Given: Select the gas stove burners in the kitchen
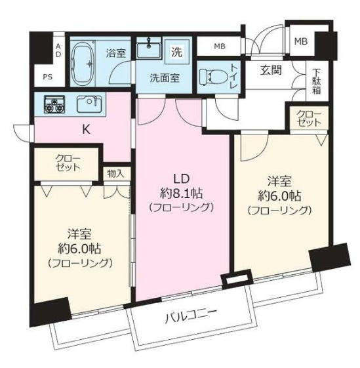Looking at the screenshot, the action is click(54, 104).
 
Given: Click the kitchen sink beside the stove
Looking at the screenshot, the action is click(90, 104).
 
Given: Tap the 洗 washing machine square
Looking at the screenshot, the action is click(177, 52).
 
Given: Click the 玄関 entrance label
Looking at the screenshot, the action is click(271, 70).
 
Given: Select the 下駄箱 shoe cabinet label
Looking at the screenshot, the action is click(316, 81).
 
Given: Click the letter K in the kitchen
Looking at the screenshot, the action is click(86, 129).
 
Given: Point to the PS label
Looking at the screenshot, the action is click(48, 77).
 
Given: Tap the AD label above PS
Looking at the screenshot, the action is click(58, 51).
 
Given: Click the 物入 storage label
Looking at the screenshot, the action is click(115, 174).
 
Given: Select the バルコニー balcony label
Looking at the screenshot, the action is click(191, 317).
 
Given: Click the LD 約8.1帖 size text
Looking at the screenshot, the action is click(181, 194).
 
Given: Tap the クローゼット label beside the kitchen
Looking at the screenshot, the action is click(68, 163).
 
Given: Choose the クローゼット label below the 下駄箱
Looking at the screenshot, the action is click(309, 118).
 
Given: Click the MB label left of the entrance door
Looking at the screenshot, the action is click(220, 46).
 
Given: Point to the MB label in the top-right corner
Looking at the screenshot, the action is click(301, 41).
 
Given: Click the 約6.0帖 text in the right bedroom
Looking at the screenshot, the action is click(279, 195).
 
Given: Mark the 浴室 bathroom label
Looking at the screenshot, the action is click(116, 53).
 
